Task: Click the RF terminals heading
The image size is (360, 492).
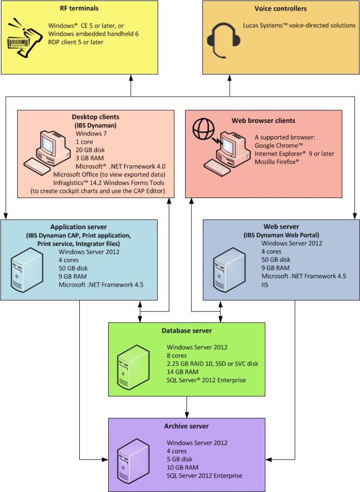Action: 79,8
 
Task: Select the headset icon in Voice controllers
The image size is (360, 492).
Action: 224,40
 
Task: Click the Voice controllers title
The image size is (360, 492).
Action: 281,9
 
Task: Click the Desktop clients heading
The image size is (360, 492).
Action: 96,117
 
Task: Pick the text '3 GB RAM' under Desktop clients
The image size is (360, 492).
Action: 89,158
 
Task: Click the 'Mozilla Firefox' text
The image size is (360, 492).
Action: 276,161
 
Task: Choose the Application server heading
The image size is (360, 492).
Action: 78,227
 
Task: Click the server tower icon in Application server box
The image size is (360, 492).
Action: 27,270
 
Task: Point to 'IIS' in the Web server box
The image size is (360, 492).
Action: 265,284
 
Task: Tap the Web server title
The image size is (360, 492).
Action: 281,227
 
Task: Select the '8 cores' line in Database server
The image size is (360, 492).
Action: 177,356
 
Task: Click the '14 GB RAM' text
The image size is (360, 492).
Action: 183,372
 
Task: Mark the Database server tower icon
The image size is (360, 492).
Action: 133,367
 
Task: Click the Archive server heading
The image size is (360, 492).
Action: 186,426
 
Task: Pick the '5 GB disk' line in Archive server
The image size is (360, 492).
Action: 180,459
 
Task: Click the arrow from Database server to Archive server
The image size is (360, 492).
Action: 187,407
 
